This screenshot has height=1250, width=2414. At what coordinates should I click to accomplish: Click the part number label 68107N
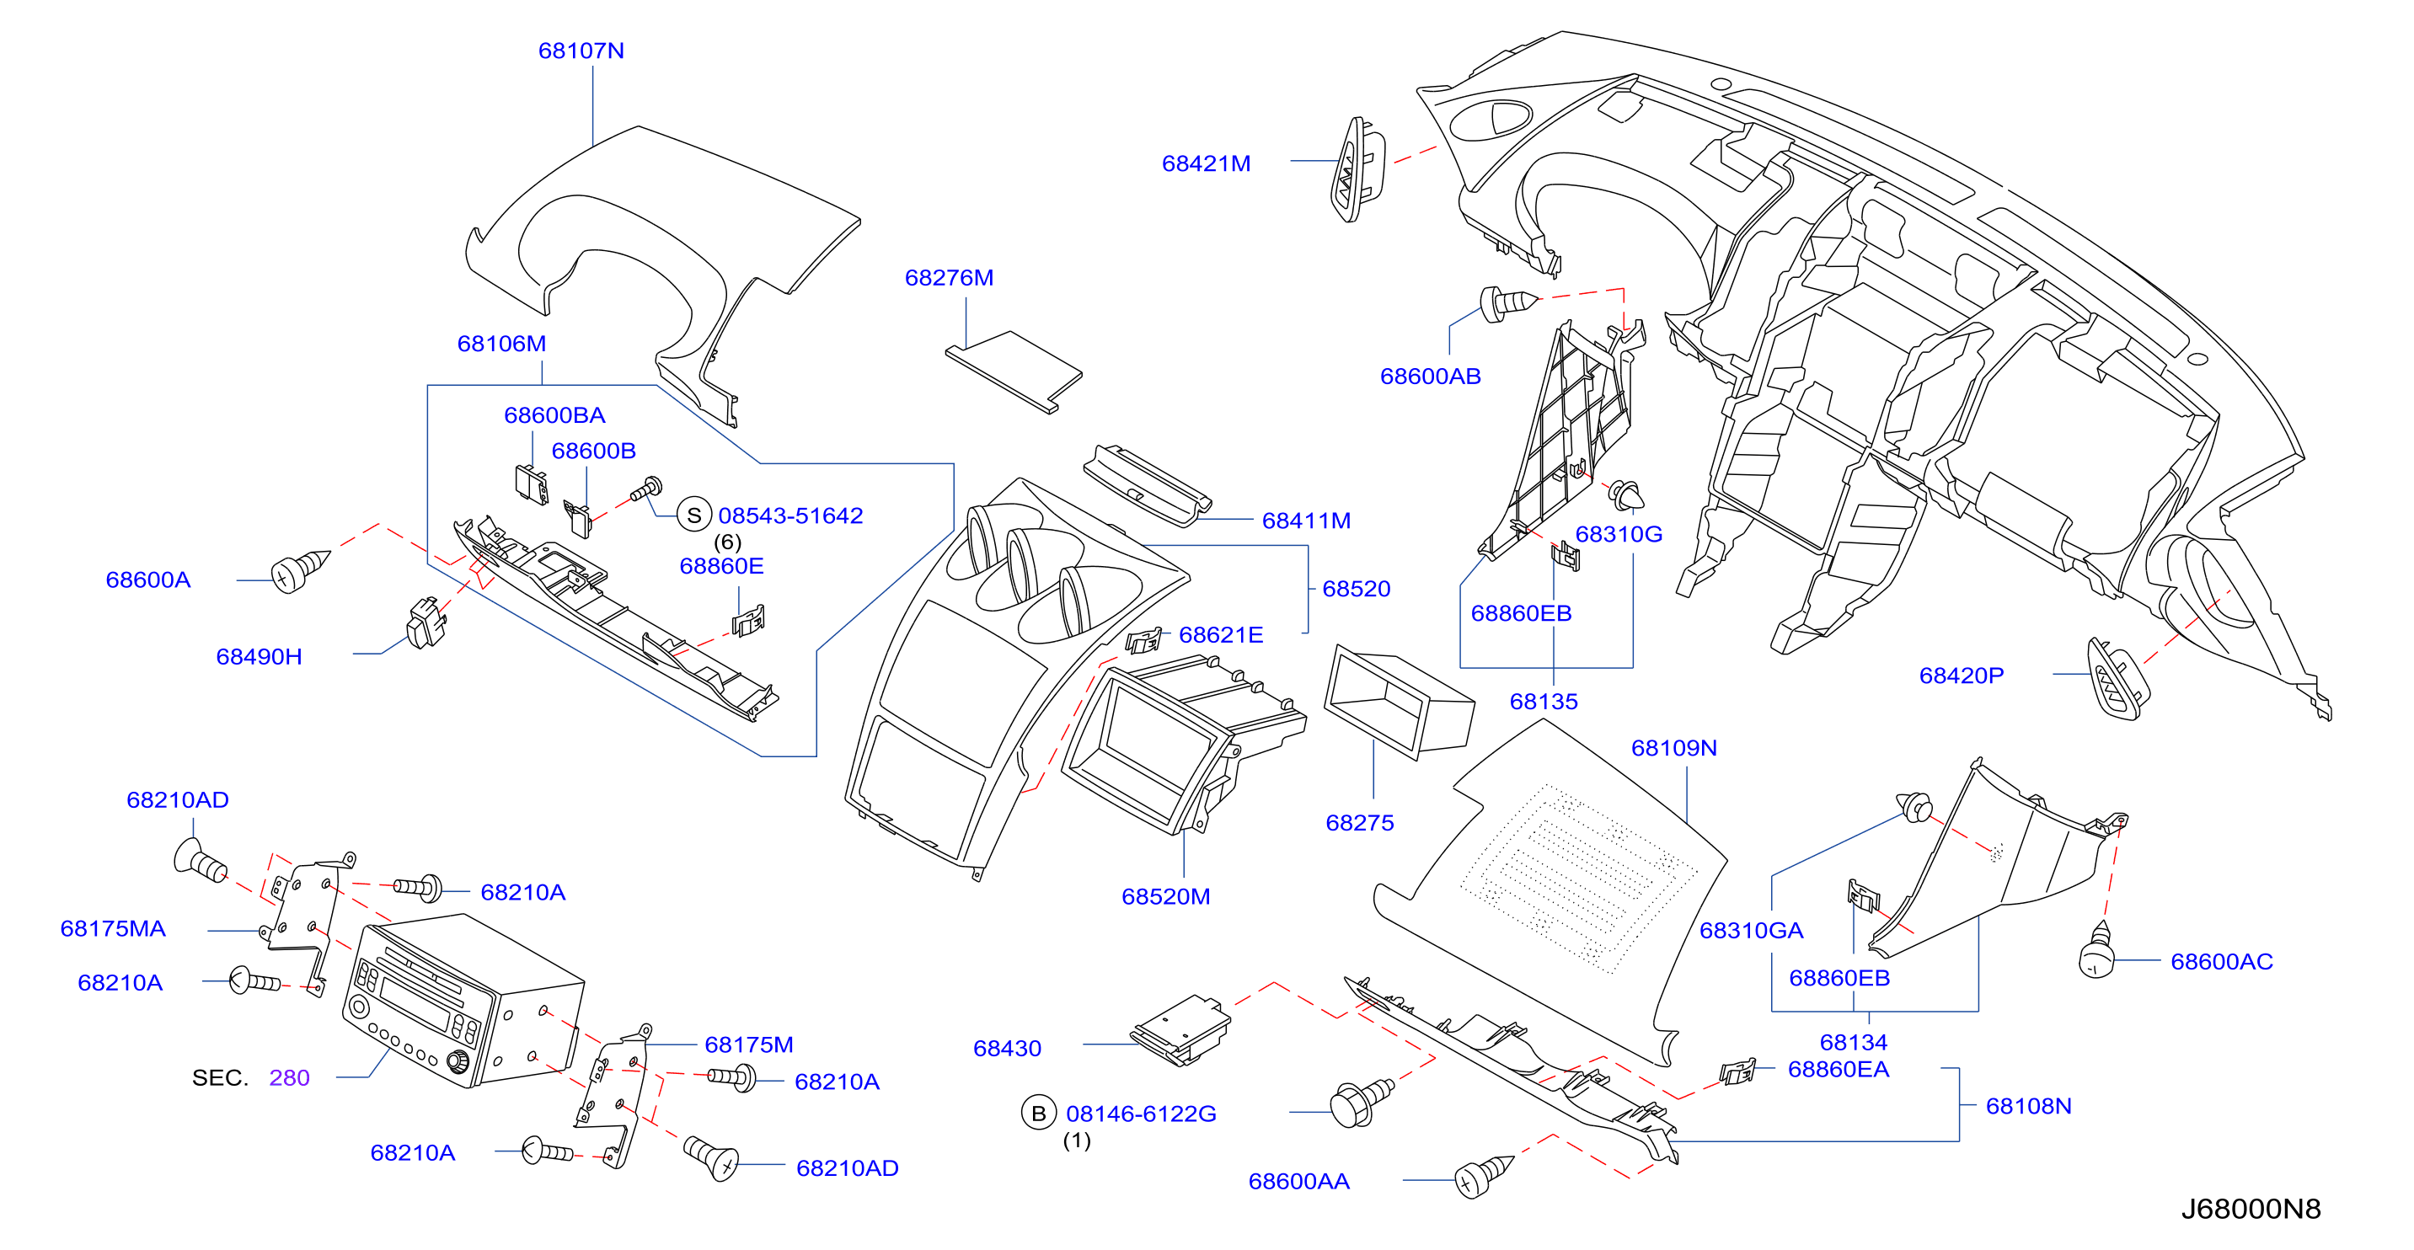[x=581, y=51]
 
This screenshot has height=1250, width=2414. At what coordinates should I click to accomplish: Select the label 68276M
[x=949, y=277]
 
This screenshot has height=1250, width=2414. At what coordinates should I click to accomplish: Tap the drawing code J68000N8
[x=2251, y=1209]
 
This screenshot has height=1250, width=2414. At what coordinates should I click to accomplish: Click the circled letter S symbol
[x=693, y=515]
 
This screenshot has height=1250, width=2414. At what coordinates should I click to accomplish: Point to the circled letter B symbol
[x=1038, y=1114]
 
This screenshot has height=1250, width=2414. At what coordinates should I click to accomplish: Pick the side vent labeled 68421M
[x=1357, y=169]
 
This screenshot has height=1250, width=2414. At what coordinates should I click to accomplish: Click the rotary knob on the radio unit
[x=458, y=1061]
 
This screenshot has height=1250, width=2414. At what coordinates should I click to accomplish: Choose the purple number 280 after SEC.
[x=289, y=1077]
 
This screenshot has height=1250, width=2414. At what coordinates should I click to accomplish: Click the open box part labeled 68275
[x=1399, y=701]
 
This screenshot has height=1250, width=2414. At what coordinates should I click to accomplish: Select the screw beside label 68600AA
[x=1484, y=1176]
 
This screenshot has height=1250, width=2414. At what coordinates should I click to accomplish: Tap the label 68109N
[x=1673, y=748]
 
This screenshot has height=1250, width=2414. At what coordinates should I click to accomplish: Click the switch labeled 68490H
[x=426, y=622]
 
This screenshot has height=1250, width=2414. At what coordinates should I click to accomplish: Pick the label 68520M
[x=1166, y=897]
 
